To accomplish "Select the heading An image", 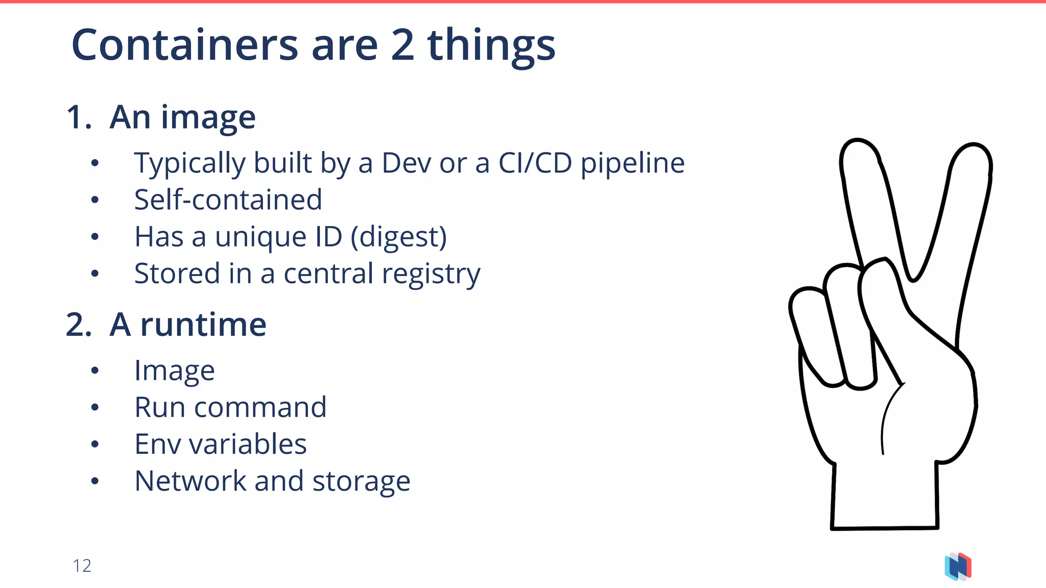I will pyautogui.click(x=182, y=117).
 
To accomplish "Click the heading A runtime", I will pyautogui.click(x=187, y=325).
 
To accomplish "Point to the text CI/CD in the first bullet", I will pyautogui.click(x=535, y=163).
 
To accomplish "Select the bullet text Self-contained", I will pyautogui.click(x=228, y=200).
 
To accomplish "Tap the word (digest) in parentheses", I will pyautogui.click(x=398, y=237).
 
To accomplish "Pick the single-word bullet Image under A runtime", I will pyautogui.click(x=174, y=371).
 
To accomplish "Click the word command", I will pyautogui.click(x=260, y=407).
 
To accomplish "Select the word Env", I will pyautogui.click(x=157, y=444).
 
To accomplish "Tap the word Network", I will pyautogui.click(x=191, y=481).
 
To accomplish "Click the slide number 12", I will pyautogui.click(x=82, y=566).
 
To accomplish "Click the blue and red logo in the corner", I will pyautogui.click(x=958, y=567).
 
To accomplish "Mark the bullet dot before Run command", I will pyautogui.click(x=94, y=407).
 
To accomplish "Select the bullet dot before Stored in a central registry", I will pyautogui.click(x=94, y=274).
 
